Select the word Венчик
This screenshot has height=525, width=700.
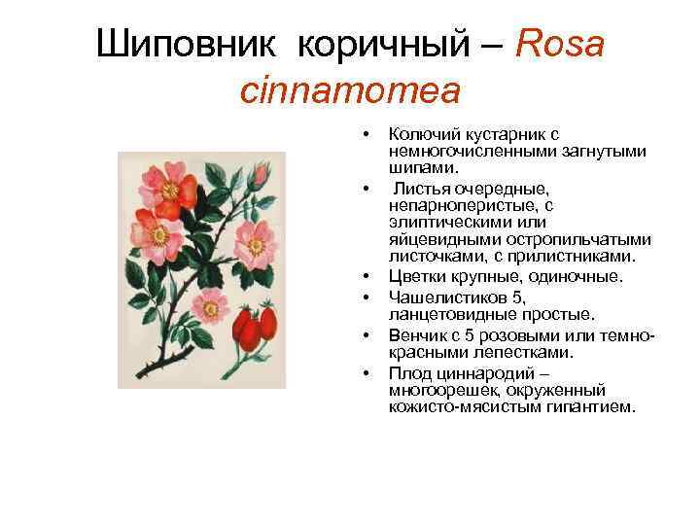[418, 333]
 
